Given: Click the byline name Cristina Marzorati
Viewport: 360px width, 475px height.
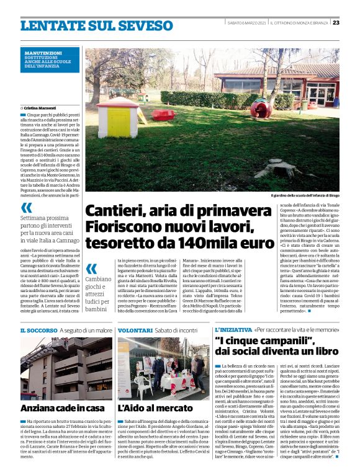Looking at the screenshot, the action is point(43,108).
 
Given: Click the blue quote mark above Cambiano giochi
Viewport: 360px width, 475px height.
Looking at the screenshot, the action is point(92,269).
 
